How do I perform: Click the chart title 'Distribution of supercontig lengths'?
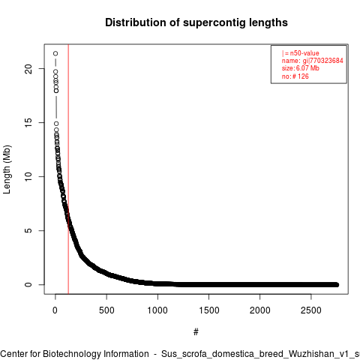(196, 22)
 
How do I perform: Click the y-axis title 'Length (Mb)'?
(7, 169)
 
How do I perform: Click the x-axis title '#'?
(196, 332)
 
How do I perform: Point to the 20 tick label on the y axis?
(28, 69)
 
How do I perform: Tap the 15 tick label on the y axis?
(28, 122)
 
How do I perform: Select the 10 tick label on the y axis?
(28, 176)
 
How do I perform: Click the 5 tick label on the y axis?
(28, 230)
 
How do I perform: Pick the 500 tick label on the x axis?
(106, 310)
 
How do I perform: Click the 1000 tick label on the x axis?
(157, 310)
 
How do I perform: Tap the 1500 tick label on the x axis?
(209, 310)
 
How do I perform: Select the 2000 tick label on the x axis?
(260, 310)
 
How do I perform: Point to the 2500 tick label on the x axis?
(311, 310)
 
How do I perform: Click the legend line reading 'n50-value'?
(301, 53)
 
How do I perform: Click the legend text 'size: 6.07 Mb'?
(301, 68)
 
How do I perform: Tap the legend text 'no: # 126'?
(295, 76)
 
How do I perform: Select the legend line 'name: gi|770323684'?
(313, 61)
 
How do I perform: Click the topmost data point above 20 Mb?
(55, 53)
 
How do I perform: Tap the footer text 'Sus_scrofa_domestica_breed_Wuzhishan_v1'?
(257, 354)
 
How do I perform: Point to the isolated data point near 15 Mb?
(56, 124)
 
